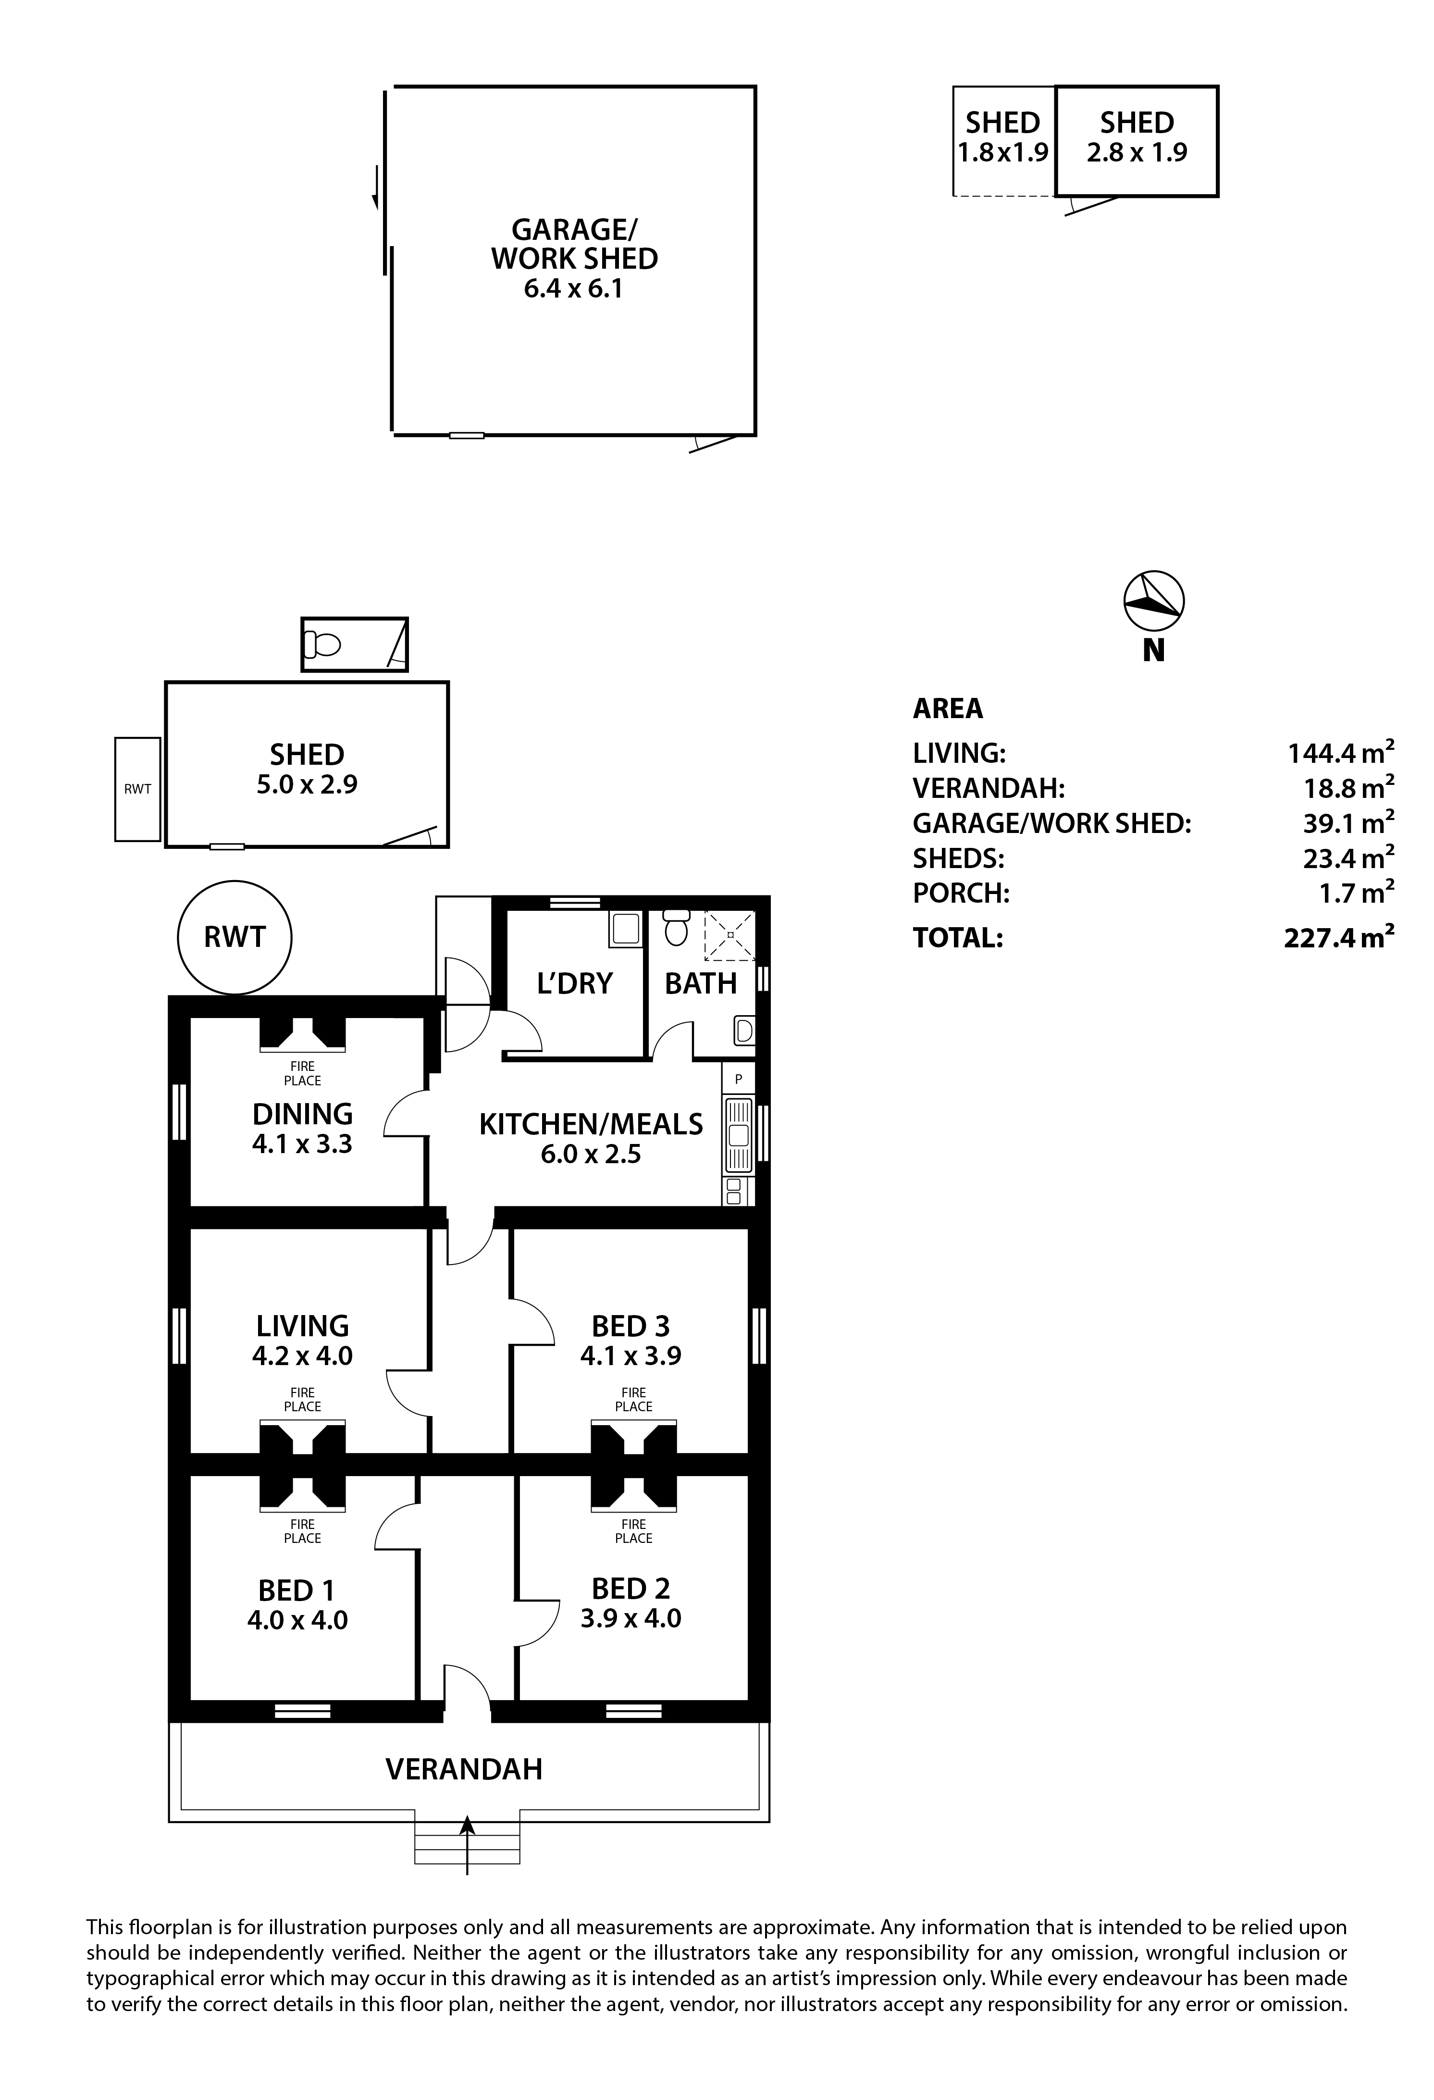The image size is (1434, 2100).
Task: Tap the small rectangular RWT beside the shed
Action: click(137, 789)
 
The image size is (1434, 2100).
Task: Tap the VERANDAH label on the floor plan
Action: click(464, 1768)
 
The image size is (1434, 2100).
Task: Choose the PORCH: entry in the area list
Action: click(961, 893)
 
